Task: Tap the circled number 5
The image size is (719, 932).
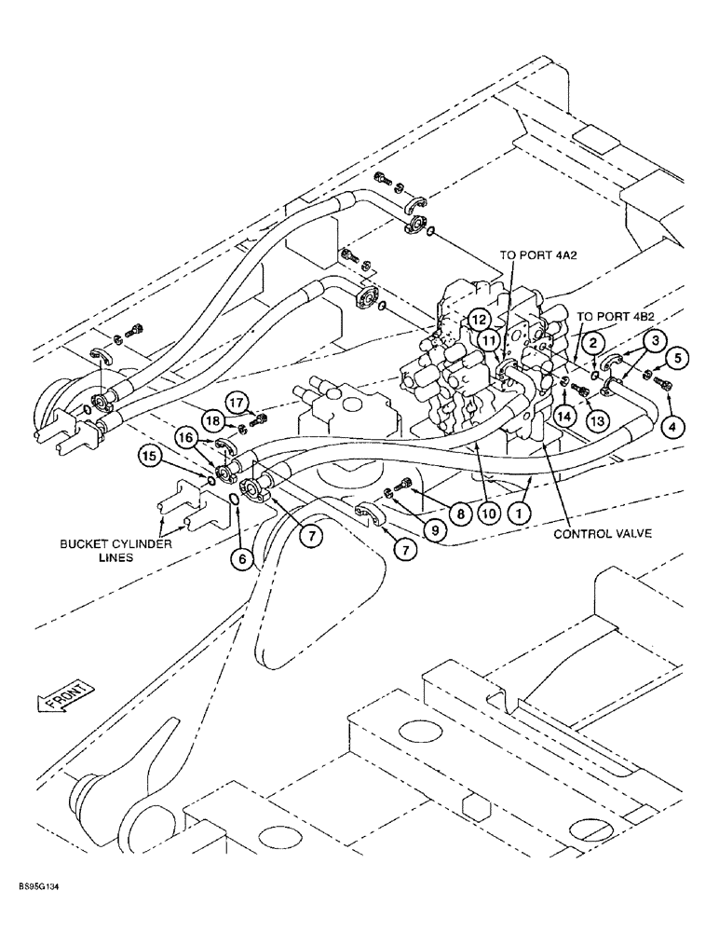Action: pos(677,356)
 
